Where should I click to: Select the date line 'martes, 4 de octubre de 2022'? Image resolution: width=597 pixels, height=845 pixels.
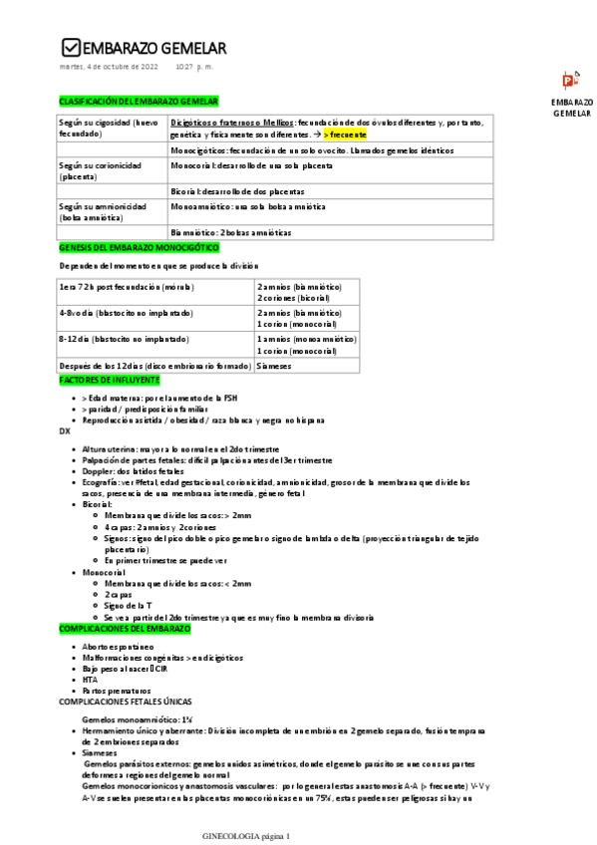coord(110,67)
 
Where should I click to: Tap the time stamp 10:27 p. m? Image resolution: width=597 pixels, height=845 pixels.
coord(194,67)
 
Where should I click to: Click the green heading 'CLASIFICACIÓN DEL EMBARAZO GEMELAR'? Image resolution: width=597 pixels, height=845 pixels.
coord(139,102)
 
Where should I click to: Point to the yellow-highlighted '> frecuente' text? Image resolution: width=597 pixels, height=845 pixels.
coord(344,134)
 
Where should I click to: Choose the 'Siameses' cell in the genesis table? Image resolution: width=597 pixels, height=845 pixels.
coord(274,366)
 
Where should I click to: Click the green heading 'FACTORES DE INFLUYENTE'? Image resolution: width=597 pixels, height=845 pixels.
coord(110,380)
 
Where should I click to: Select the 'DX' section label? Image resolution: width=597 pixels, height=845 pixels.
coord(66,433)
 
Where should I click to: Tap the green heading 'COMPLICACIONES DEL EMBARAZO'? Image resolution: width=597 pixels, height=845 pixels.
coord(125,630)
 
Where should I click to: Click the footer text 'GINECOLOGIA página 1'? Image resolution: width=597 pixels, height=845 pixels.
coord(245,836)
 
